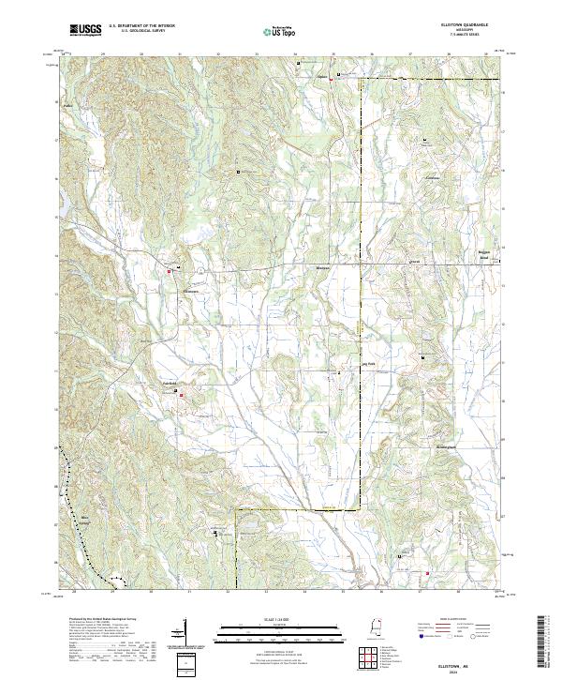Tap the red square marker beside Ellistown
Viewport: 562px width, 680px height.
point(170,272)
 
